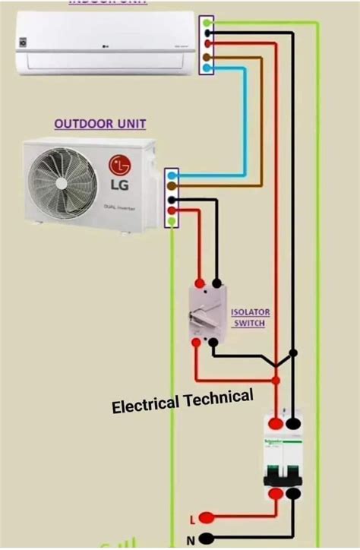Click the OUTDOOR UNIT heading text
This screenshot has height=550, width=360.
tap(99, 124)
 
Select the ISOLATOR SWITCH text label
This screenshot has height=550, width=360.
tap(250, 318)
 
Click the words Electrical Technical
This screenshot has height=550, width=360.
tap(182, 401)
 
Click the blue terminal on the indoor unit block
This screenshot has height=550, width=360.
tap(207, 68)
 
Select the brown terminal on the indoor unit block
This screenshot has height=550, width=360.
tap(207, 57)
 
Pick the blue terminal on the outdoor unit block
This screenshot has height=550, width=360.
tap(172, 175)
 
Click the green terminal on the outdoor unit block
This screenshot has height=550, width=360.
tap(172, 221)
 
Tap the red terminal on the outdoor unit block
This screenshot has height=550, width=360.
tap(172, 210)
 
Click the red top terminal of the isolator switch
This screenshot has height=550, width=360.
tap(200, 283)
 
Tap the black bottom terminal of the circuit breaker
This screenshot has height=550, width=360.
tap(292, 493)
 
